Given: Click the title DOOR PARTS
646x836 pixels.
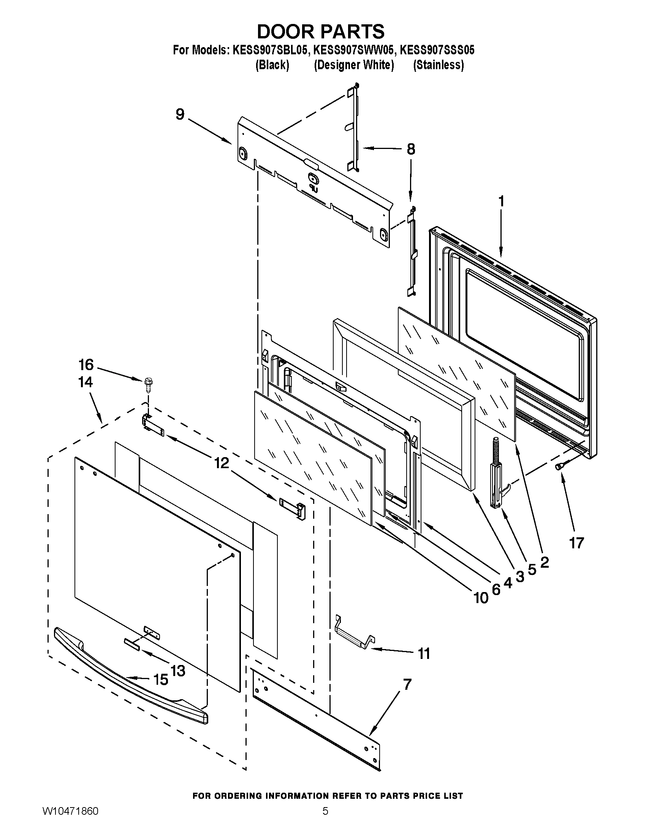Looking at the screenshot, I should click(321, 32).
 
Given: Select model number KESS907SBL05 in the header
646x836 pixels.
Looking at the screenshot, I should click(270, 50).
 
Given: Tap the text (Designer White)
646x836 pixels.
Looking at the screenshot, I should click(354, 65).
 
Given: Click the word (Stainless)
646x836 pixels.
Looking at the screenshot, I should click(438, 65).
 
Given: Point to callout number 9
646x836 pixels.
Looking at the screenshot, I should click(180, 114).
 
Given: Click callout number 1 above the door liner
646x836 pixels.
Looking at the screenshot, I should click(501, 201).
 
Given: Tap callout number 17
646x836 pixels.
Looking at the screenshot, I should click(576, 542).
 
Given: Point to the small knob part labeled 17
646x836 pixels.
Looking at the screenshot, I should click(559, 466).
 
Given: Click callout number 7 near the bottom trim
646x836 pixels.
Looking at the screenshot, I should click(407, 684).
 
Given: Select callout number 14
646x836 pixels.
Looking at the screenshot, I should click(85, 382).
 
